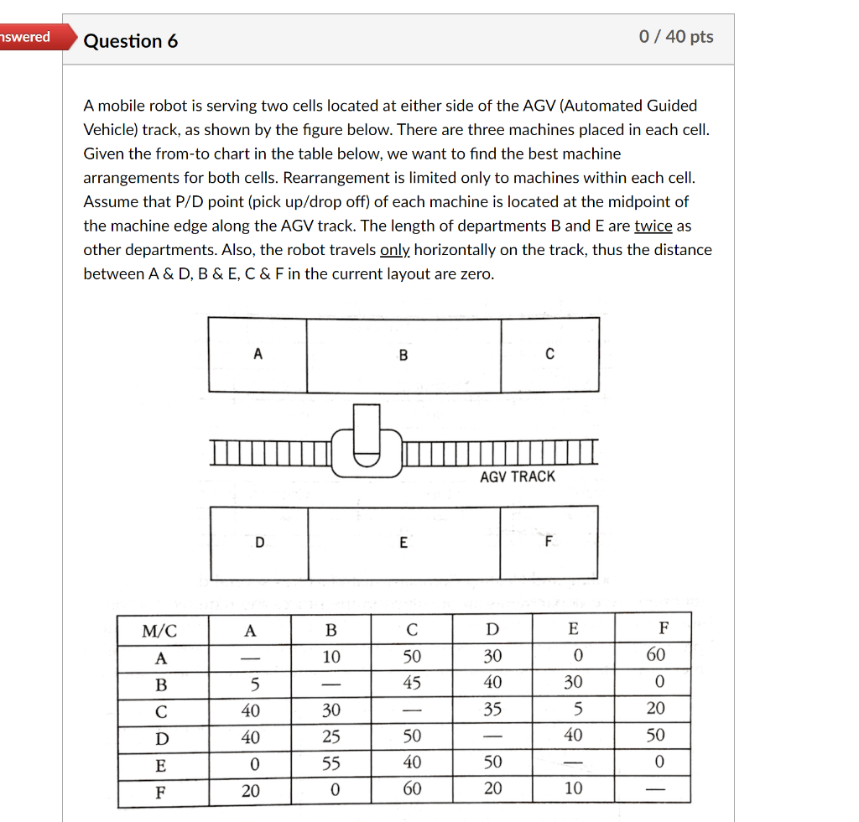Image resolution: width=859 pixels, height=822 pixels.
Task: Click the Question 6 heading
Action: tap(131, 41)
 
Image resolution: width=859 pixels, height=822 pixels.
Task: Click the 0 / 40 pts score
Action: tap(675, 36)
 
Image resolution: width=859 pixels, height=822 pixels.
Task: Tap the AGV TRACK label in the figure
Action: tap(518, 476)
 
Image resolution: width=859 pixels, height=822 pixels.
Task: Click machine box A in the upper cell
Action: tap(258, 355)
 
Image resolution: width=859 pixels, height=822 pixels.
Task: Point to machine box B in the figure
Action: tap(403, 355)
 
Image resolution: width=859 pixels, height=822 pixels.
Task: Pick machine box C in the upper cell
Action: tap(549, 355)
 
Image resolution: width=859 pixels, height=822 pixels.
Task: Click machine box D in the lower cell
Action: tap(259, 543)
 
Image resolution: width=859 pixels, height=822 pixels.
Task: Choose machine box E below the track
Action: tap(403, 543)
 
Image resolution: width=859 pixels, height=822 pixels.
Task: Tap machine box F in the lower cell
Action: tap(549, 543)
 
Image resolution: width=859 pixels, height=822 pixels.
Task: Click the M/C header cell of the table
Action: tap(162, 630)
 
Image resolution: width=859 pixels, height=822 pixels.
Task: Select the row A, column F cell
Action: tap(655, 655)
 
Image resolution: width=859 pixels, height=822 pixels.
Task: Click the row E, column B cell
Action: tap(331, 762)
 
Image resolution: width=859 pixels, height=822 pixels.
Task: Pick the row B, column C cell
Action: tap(411, 683)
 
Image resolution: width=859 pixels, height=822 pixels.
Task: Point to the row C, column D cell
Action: tap(492, 710)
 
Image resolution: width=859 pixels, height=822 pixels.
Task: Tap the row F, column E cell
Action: tap(573, 788)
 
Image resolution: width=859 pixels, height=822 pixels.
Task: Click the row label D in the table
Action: tap(162, 737)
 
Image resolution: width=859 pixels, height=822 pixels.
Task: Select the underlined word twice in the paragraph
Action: tap(653, 226)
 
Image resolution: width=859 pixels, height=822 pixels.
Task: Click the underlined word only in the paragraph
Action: tap(395, 250)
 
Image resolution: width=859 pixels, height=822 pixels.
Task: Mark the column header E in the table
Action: tap(573, 630)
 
